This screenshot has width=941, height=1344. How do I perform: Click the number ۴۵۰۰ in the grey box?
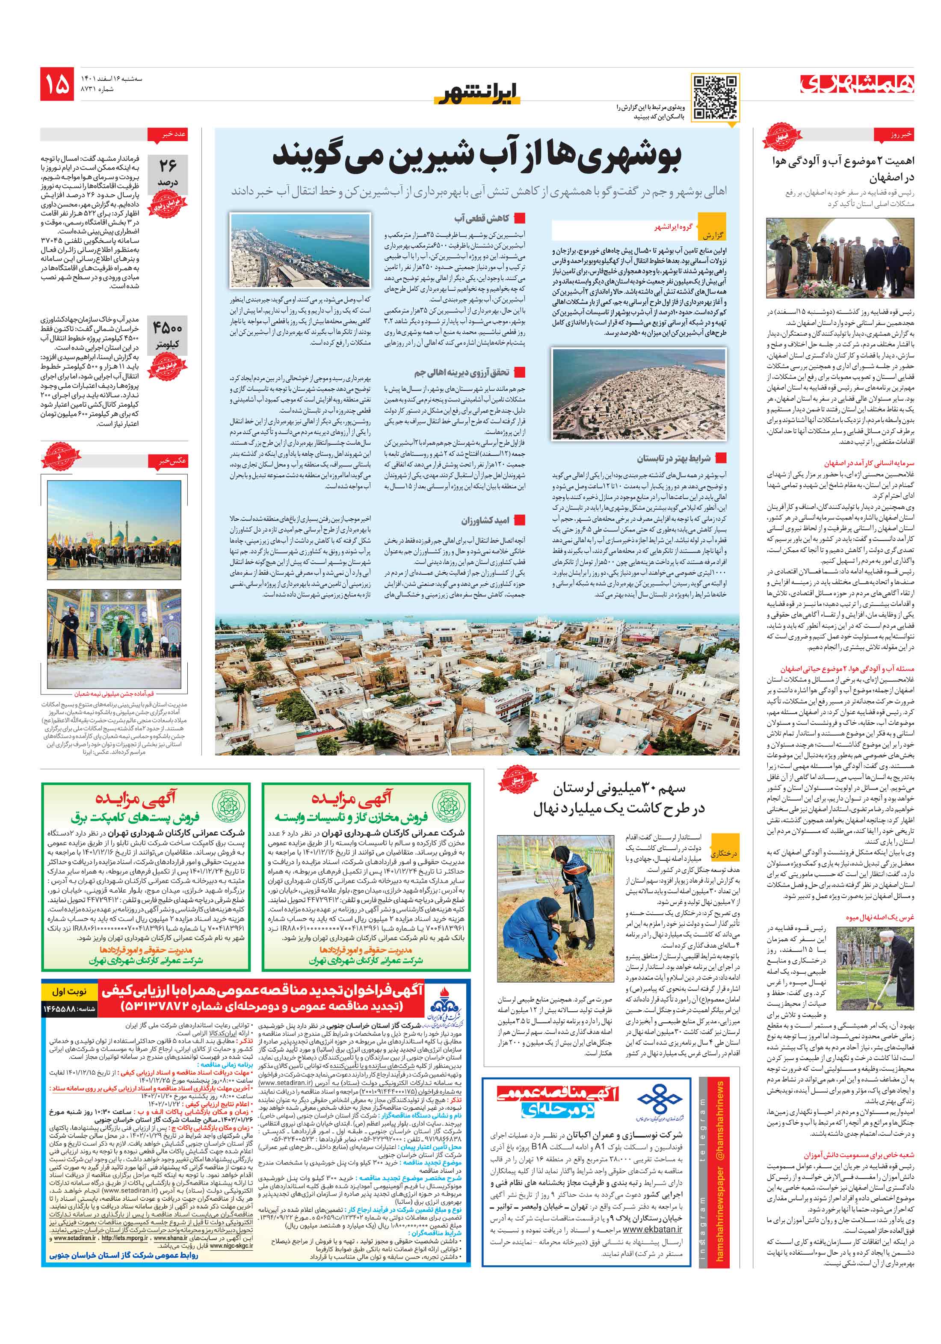[x=168, y=328]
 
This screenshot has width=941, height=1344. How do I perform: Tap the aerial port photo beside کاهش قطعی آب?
[x=300, y=249]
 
